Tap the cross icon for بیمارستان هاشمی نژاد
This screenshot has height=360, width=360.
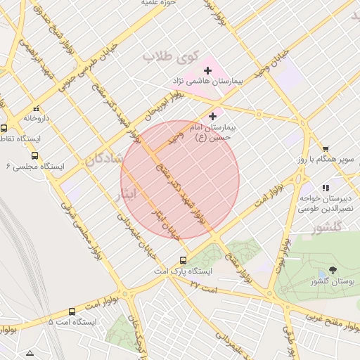pyautogui.click(x=207, y=70)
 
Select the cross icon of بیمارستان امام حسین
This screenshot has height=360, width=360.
pyautogui.click(x=213, y=115)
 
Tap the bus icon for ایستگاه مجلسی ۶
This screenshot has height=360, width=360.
pyautogui.click(x=35, y=155)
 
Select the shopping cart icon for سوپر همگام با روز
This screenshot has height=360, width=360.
pyautogui.click(x=326, y=148)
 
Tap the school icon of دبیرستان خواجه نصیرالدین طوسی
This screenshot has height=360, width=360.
pyautogui.click(x=325, y=188)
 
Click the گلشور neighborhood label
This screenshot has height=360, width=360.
pyautogui.click(x=327, y=227)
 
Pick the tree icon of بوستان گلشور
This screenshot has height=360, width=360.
pyautogui.click(x=332, y=270)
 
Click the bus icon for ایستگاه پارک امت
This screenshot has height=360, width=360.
pyautogui.click(x=184, y=259)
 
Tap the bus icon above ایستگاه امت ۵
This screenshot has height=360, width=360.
pyautogui.click(x=72, y=311)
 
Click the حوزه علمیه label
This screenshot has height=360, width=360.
pyautogui.click(x=158, y=4)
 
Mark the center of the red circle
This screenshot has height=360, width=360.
pyautogui.click(x=180, y=180)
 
